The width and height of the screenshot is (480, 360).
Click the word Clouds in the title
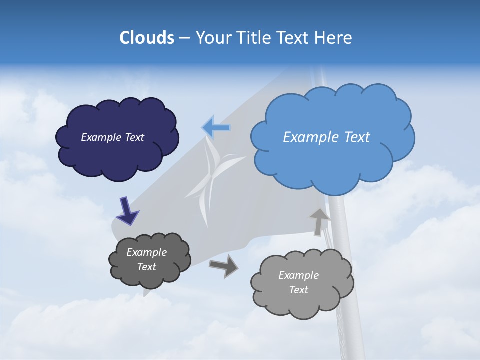pyautogui.click(x=146, y=38)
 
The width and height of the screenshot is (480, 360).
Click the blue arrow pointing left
pyautogui.click(x=216, y=128)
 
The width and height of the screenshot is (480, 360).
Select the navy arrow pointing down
pyautogui.click(x=127, y=211)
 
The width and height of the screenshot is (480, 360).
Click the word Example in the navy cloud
pyautogui.click(x=101, y=137)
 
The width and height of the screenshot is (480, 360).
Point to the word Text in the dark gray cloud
pyautogui.click(x=147, y=267)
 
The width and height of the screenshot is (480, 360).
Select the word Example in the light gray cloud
pyautogui.click(x=298, y=275)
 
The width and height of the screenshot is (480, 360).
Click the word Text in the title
pyautogui.click(x=295, y=38)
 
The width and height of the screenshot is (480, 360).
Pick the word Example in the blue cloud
pyautogui.click(x=311, y=137)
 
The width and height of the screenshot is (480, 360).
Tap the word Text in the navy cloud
pyautogui.click(x=134, y=137)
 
